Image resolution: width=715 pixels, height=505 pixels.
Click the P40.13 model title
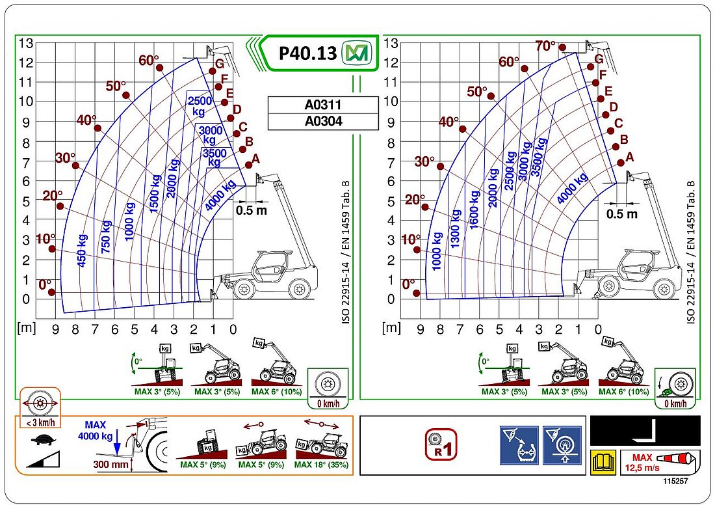307,53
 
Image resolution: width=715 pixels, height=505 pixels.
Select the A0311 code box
322,105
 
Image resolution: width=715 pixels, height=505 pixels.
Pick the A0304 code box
322,120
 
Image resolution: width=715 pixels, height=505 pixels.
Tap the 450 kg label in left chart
81,250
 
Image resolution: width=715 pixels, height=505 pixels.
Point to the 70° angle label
545,46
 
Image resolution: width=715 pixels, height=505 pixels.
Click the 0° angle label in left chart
45,284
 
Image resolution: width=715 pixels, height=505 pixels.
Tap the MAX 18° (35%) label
321,465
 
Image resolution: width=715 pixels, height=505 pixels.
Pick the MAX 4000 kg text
95,430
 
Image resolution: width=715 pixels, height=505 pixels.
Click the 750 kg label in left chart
106,236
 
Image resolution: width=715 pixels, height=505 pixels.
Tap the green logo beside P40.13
355,53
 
